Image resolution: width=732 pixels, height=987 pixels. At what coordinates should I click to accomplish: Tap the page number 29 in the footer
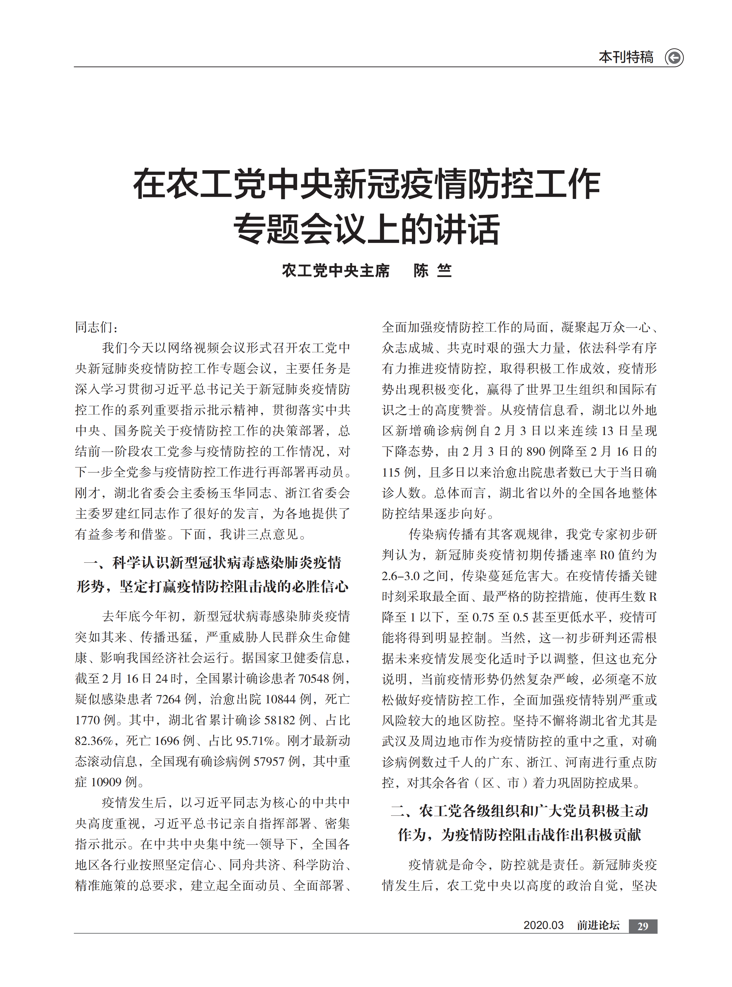tap(643, 926)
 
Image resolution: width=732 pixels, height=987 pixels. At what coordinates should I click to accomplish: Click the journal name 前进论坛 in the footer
tap(598, 925)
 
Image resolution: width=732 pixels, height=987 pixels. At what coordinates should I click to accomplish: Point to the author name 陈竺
tap(433, 270)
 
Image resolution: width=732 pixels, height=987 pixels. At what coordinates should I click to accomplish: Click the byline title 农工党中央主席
tap(335, 270)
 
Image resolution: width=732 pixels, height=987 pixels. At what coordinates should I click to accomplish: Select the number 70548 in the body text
tap(314, 679)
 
